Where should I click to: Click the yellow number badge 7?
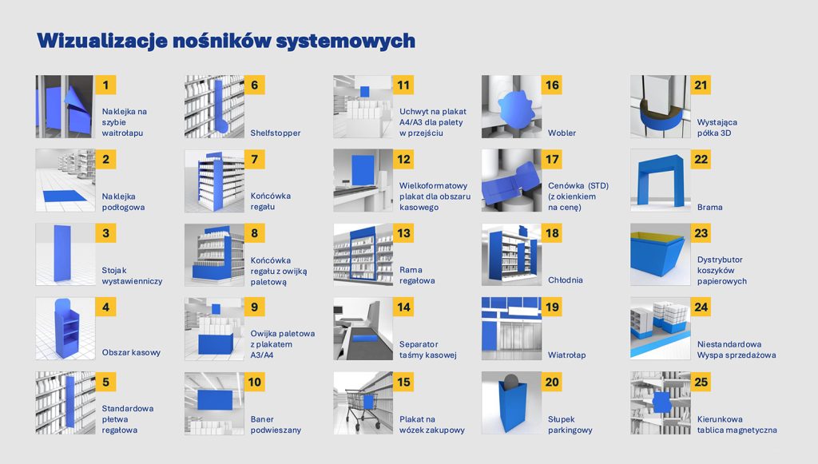[x=255, y=159]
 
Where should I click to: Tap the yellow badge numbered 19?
[x=552, y=307]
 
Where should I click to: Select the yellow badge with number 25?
[x=701, y=382]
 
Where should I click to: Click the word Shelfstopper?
[x=276, y=133]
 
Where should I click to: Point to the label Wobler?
[x=562, y=133]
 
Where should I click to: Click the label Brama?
[x=709, y=207]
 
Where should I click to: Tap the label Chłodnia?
[x=565, y=280]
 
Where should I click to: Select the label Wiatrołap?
[x=566, y=355]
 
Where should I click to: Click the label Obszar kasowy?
[x=131, y=352]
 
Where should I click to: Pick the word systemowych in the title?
[x=345, y=42]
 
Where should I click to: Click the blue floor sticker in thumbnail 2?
[x=65, y=196]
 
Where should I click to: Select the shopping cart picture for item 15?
[x=363, y=403]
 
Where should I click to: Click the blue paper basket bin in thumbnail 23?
[x=657, y=259]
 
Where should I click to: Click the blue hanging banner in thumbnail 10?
[x=215, y=399]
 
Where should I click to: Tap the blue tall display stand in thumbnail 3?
[x=62, y=253]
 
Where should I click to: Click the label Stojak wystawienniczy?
[x=132, y=276]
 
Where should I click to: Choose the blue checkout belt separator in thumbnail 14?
[x=363, y=339]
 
